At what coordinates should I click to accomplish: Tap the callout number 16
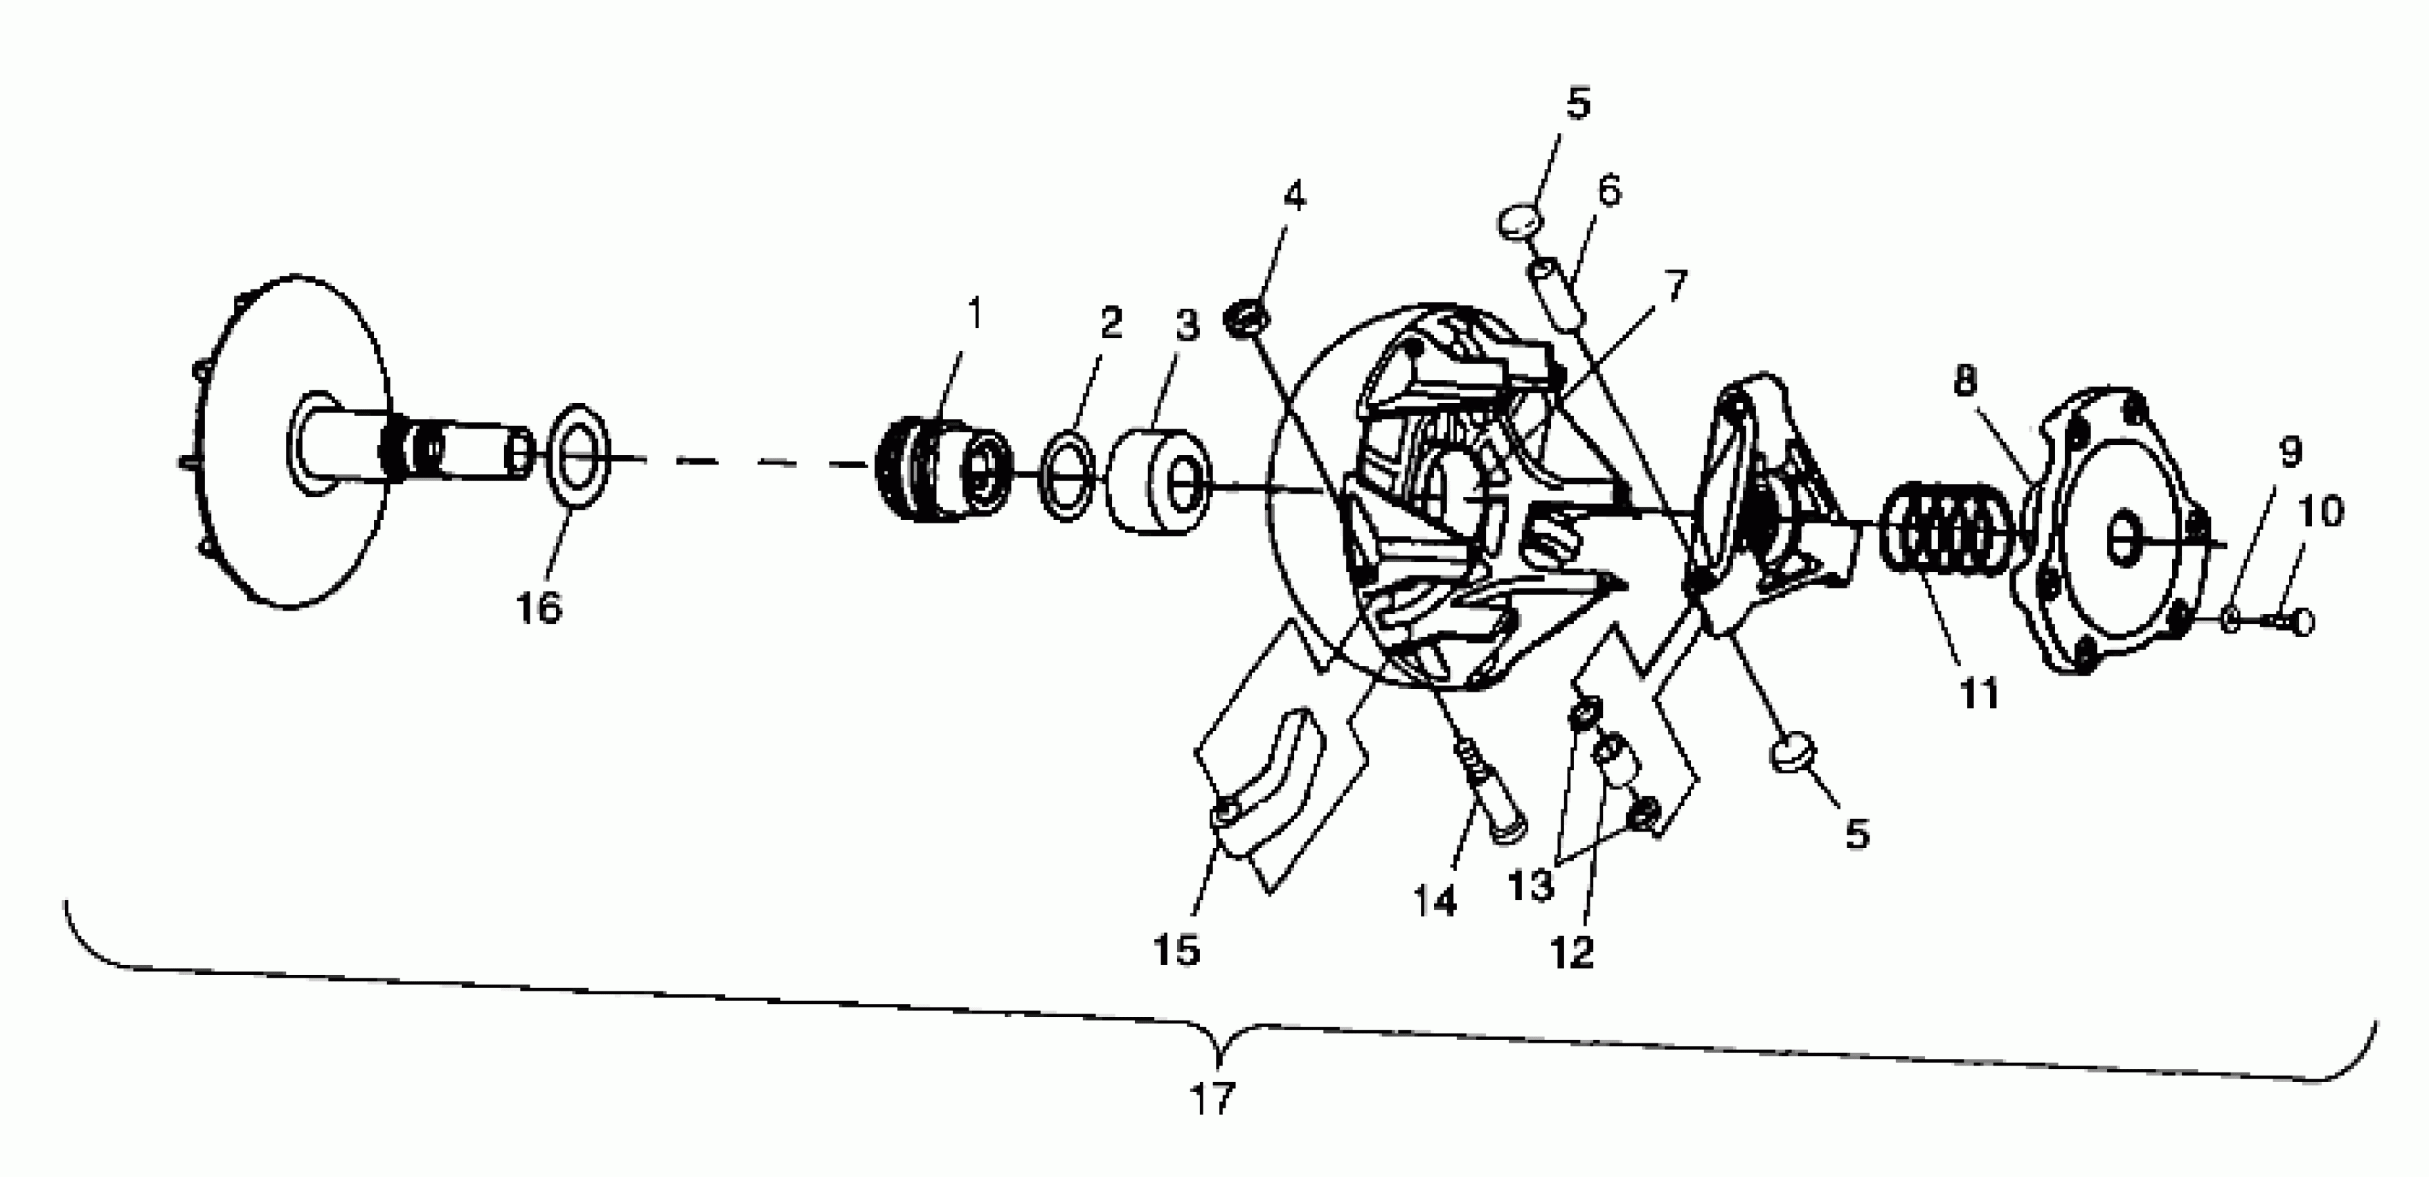[x=539, y=609]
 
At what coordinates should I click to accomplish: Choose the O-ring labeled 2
[x=1068, y=477]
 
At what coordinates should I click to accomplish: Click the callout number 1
[x=975, y=314]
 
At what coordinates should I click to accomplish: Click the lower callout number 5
[x=1856, y=834]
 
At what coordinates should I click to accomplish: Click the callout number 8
[x=1965, y=381]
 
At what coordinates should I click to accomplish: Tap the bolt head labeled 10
[x=2301, y=622]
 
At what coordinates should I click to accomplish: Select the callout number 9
[x=2291, y=453]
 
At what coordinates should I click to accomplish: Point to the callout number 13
[x=1530, y=886]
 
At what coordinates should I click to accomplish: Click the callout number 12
[x=1572, y=953]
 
